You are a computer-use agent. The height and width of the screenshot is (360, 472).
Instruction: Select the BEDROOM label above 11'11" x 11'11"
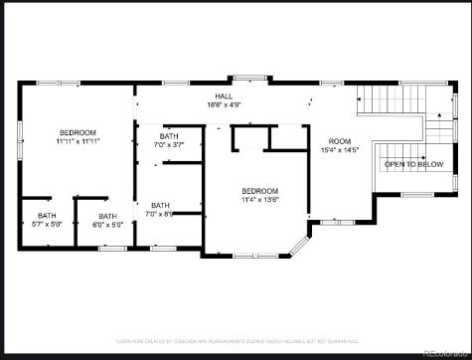coord(78,132)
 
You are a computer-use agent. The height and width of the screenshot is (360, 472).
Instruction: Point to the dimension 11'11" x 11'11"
coord(78,141)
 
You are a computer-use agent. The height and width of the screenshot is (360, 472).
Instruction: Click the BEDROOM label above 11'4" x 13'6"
coord(260,190)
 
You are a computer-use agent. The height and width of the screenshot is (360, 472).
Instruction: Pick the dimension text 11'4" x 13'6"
coord(260,199)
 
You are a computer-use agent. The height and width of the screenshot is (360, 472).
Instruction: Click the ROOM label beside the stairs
coord(341,141)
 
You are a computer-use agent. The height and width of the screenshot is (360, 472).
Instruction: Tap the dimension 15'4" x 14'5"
coord(341,150)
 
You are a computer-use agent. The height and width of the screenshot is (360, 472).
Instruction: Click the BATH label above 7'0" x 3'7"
coord(169,136)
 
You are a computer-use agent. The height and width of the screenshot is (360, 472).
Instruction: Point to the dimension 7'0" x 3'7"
coord(169,145)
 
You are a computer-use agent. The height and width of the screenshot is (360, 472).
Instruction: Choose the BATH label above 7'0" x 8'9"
coord(160,206)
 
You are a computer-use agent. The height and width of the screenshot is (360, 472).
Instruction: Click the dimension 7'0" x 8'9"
coord(160,215)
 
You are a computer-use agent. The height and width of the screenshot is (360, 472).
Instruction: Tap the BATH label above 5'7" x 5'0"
coord(47,216)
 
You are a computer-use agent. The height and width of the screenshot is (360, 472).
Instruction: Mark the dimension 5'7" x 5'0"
coord(47,225)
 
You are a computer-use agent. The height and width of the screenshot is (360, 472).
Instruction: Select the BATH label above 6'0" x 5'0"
coord(106,216)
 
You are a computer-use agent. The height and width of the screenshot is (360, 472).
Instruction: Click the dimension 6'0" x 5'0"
coord(106,225)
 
